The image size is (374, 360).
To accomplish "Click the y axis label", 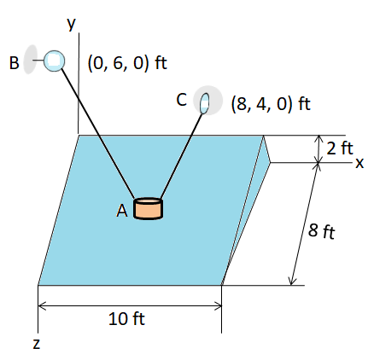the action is pos(72,24).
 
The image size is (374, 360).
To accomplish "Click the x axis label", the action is pos(359,163).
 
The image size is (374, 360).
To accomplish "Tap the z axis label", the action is pos(37,344).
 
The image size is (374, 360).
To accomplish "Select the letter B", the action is pos(14,63).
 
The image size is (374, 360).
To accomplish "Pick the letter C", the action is pos(182,100).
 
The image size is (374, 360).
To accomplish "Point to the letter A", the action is pos(122,211).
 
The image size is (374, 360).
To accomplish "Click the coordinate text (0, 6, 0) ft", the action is pos(127,63).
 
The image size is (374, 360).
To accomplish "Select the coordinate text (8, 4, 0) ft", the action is pos(271,103).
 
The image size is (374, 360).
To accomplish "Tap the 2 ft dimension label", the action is pos(340,148).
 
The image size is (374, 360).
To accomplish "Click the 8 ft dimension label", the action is pos(322,231).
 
